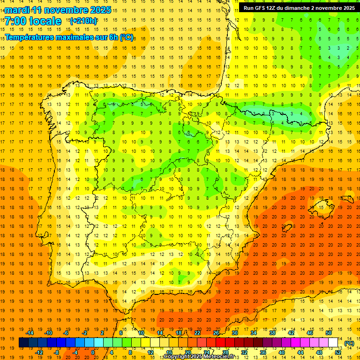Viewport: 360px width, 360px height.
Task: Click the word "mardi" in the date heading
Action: coord(17,10)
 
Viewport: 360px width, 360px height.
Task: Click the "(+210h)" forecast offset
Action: coord(83,21)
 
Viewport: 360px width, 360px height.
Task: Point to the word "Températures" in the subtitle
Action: coord(28,37)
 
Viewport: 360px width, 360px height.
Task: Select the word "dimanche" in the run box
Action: coord(298,8)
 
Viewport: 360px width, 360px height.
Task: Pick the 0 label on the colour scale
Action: coord(92,352)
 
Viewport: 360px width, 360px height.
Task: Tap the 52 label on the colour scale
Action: coord(338,352)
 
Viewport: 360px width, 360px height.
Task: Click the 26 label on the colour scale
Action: coord(216,333)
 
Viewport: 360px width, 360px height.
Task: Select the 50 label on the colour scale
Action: coord(329,333)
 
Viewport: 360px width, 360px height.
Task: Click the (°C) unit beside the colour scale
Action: coord(349,343)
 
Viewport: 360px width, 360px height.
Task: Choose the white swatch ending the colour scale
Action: coord(333,343)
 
